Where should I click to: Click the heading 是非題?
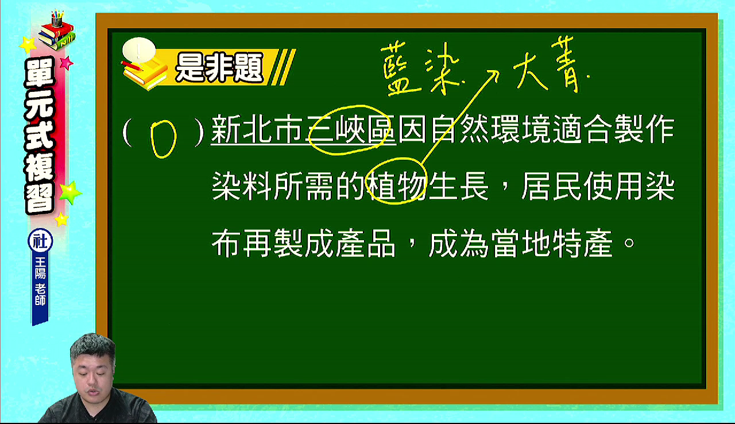[219, 68]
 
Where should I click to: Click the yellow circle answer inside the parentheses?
[163, 139]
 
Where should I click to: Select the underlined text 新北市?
[257, 130]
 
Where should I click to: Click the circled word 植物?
[397, 186]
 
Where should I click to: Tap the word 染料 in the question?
[242, 186]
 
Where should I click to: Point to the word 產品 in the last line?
[366, 243]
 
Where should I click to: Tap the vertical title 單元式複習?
[40, 135]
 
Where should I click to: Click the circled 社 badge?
[40, 241]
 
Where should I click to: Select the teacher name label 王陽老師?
[40, 281]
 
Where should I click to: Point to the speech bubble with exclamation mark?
[138, 50]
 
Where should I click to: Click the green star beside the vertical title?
[70, 192]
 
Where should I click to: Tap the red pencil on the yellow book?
[132, 65]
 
